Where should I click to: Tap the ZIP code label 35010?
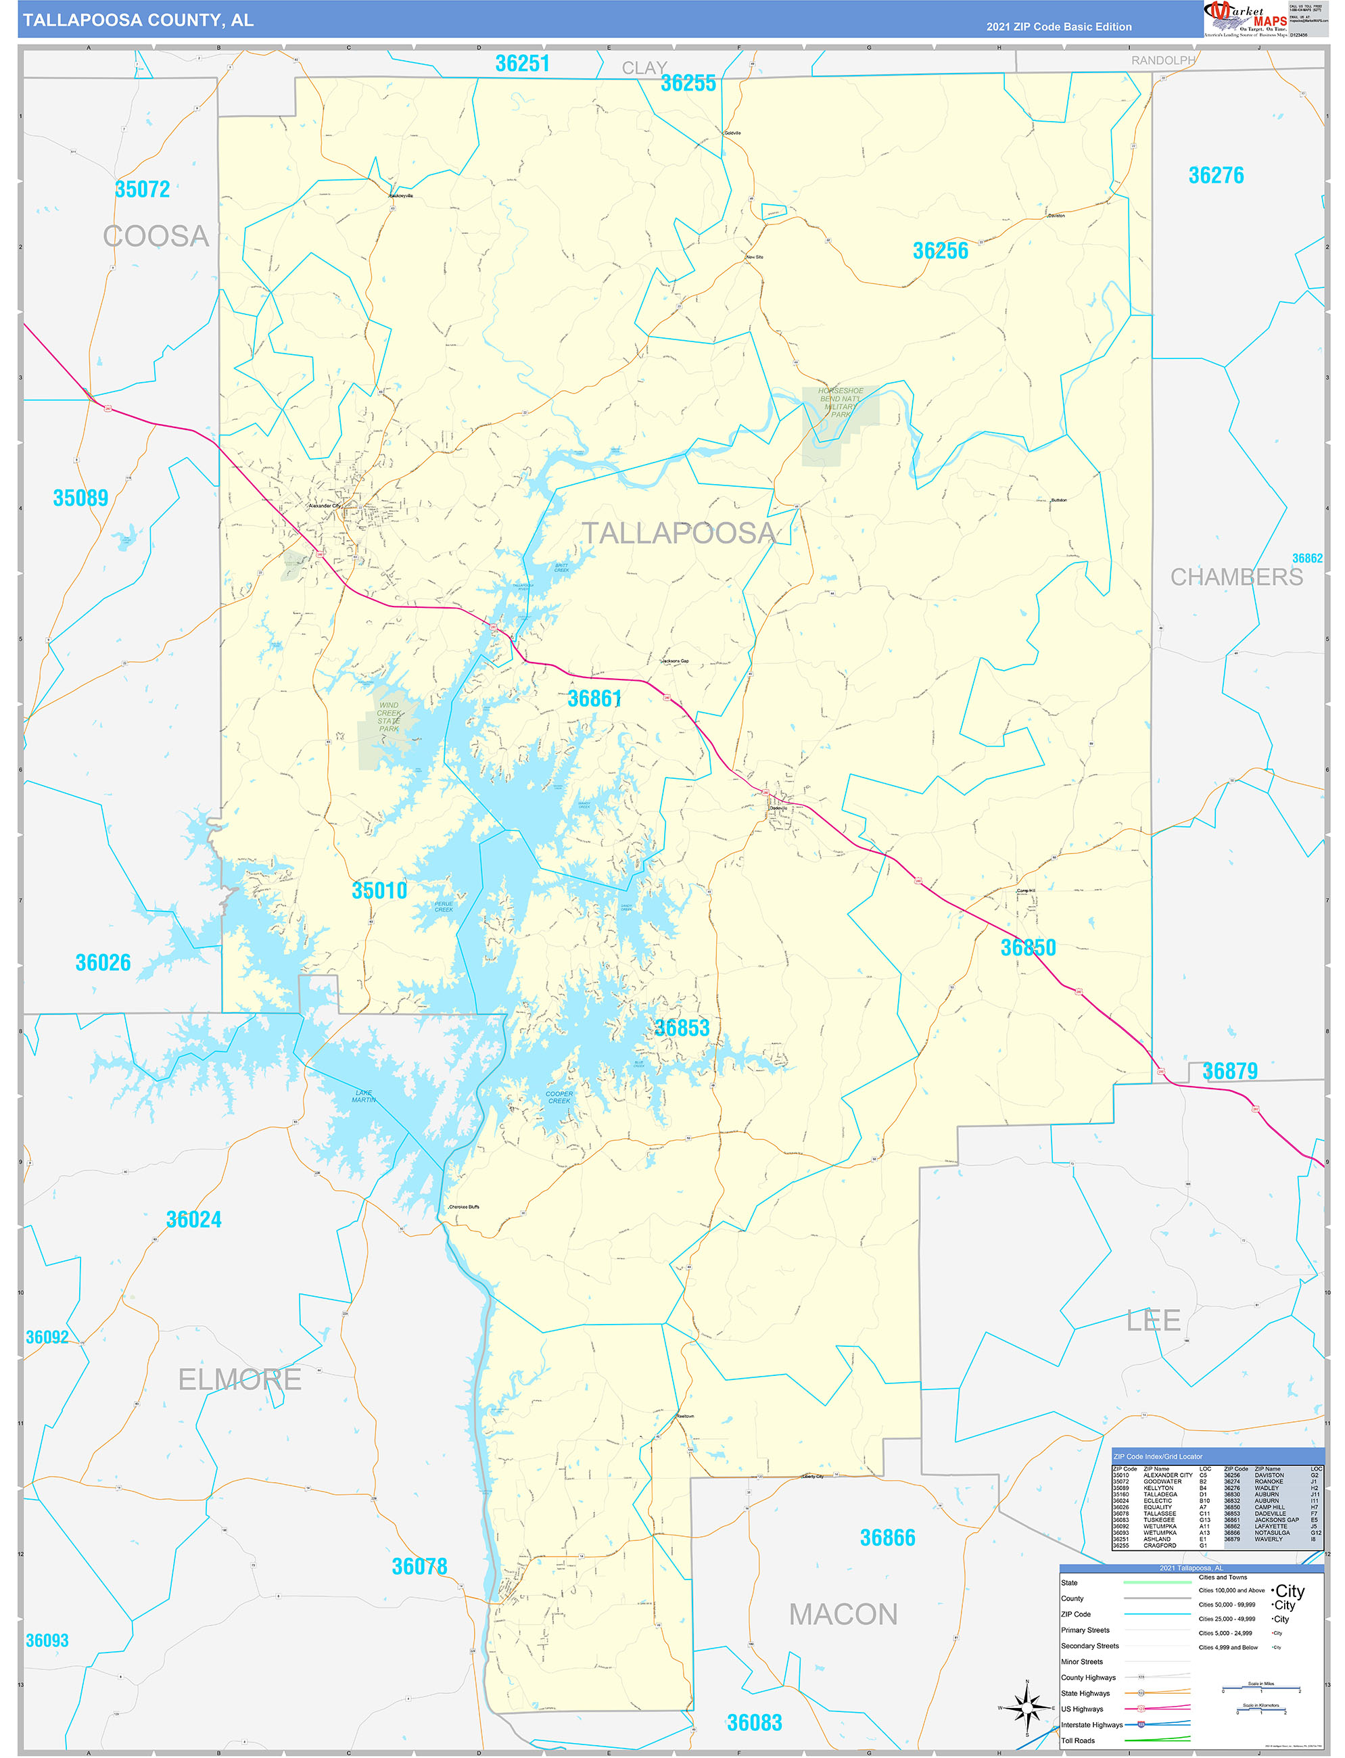pyautogui.click(x=379, y=890)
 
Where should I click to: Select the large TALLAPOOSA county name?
pyautogui.click(x=678, y=533)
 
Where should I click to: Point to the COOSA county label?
pyautogui.click(x=156, y=236)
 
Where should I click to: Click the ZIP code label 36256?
pyautogui.click(x=940, y=252)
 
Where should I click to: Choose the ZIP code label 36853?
pyautogui.click(x=682, y=1028)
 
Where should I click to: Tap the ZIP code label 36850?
pyautogui.click(x=1028, y=948)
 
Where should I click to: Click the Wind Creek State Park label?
pyautogui.click(x=389, y=717)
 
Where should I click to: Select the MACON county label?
pyautogui.click(x=843, y=1615)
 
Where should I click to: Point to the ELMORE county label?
pyautogui.click(x=239, y=1379)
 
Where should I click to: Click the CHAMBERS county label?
pyautogui.click(x=1236, y=577)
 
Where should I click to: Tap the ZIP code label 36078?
pyautogui.click(x=419, y=1567)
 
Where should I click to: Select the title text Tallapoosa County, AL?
pyautogui.click(x=138, y=20)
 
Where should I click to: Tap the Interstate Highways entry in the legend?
pyautogui.click(x=1091, y=1724)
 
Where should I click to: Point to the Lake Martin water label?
pyautogui.click(x=364, y=1096)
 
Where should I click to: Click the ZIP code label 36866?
pyautogui.click(x=887, y=1538)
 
